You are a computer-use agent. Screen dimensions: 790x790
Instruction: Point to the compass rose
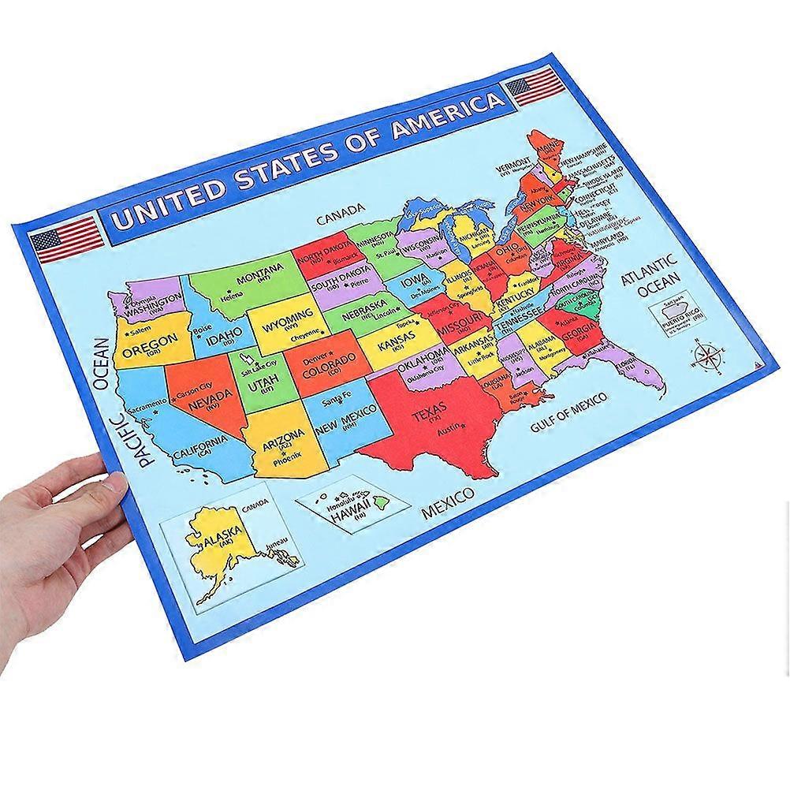706,356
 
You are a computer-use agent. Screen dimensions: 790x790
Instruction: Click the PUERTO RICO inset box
680,318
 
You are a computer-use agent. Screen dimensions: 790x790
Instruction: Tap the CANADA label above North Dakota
341,211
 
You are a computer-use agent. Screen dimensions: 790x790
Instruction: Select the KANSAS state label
397,345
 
